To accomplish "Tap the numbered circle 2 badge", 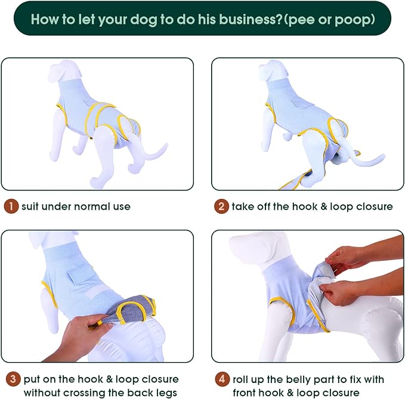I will [221, 207].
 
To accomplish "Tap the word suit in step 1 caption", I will [32, 207].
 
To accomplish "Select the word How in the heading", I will [45, 19].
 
